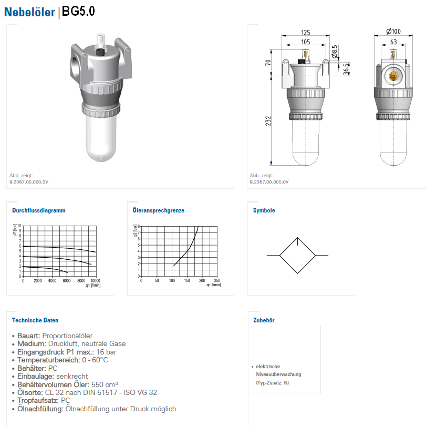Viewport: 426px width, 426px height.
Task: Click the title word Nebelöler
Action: tap(29, 12)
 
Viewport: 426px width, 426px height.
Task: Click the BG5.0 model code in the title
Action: tap(78, 12)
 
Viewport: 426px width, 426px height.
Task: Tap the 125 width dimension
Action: tap(306, 33)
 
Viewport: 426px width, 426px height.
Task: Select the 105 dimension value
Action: tap(306, 42)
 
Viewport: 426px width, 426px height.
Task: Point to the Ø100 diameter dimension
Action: tap(393, 32)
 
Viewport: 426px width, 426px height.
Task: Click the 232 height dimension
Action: tap(268, 121)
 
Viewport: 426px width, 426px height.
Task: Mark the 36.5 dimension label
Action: tap(346, 69)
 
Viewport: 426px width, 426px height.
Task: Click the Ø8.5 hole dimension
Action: tap(335, 52)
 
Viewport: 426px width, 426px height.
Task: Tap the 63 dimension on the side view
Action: tap(393, 42)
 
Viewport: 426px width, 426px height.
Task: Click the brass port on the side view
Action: tap(393, 76)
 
